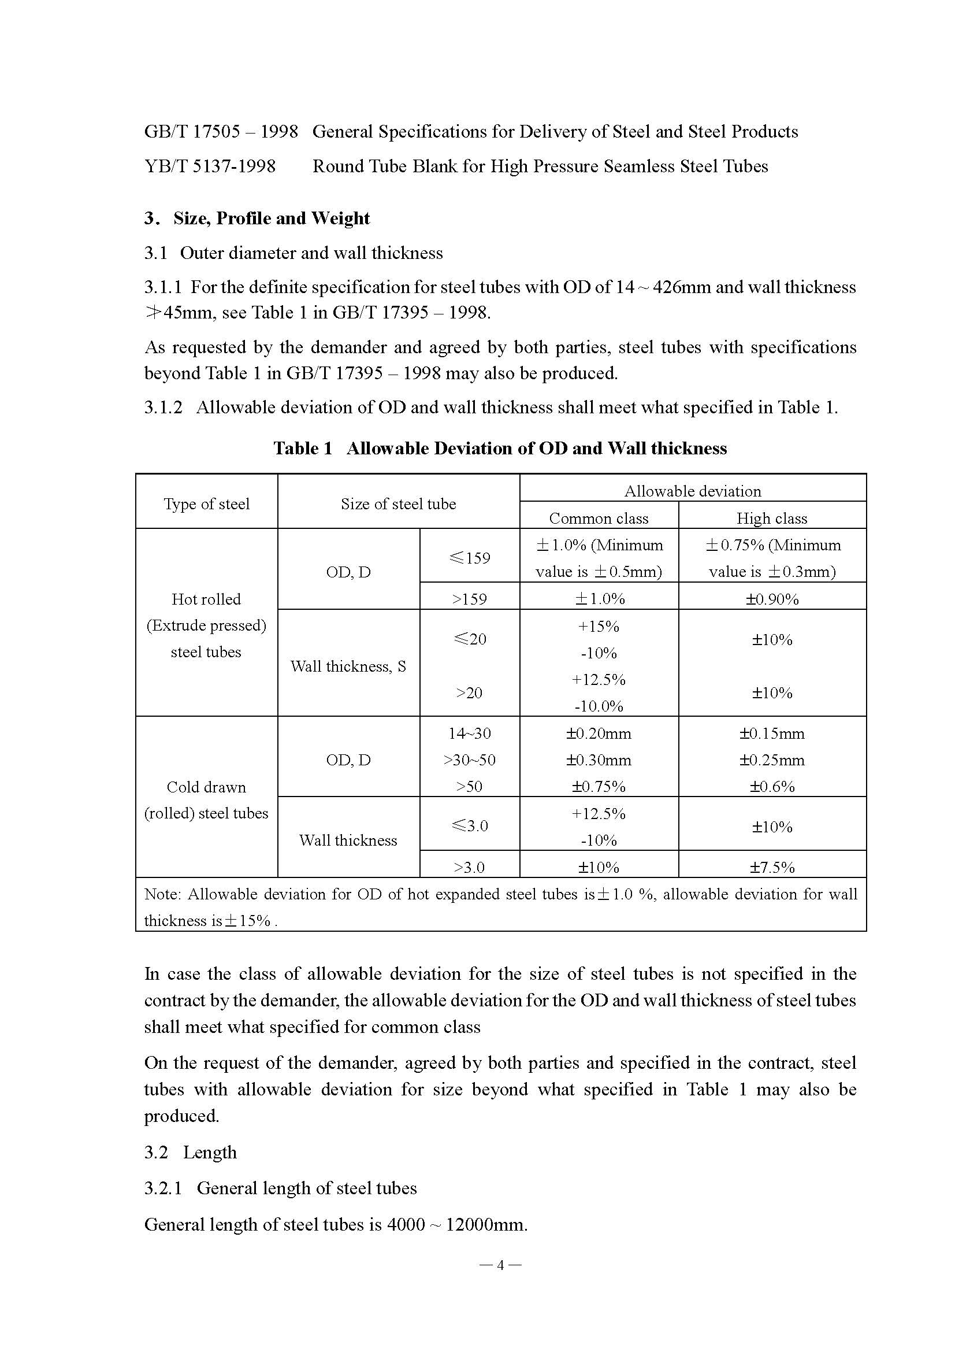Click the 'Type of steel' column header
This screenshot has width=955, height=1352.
(206, 504)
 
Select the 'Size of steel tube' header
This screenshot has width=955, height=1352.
(399, 504)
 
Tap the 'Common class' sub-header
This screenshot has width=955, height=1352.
(599, 518)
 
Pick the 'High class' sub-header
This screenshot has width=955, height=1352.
(771, 518)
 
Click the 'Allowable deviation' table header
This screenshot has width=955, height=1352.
(693, 491)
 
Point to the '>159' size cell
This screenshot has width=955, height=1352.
(470, 599)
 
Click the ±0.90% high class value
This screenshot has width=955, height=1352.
(771, 599)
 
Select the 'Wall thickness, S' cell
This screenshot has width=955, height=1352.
(348, 666)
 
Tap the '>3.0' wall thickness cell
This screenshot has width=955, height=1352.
(470, 868)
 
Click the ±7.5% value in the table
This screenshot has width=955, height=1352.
(771, 868)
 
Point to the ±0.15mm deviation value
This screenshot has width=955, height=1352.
(771, 734)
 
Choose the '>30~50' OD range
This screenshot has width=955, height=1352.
(470, 760)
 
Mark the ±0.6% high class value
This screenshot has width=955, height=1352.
(771, 787)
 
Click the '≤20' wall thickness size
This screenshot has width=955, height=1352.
(470, 639)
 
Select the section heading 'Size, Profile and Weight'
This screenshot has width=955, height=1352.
(271, 218)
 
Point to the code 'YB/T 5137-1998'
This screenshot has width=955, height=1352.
(210, 166)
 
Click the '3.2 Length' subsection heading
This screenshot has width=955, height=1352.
(191, 1153)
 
